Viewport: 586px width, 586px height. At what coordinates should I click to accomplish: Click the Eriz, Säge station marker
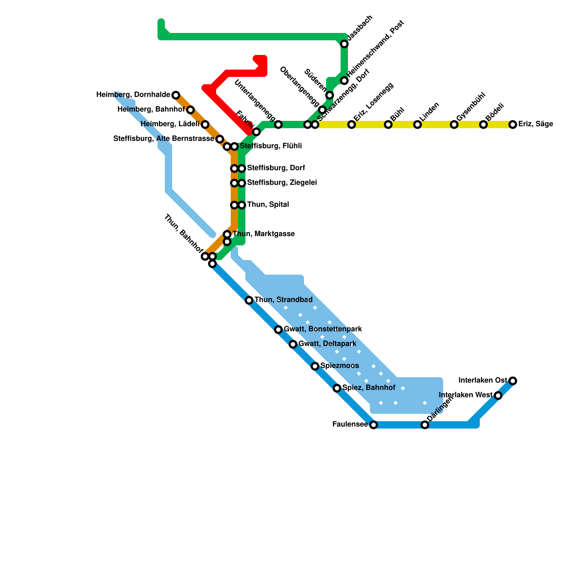[513, 125]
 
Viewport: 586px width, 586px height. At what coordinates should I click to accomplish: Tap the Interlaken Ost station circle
[513, 381]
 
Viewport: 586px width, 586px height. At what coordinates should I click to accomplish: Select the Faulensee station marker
[373, 425]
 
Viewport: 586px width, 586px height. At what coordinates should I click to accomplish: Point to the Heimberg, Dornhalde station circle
[176, 95]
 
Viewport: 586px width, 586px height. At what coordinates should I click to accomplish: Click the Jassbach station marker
[344, 44]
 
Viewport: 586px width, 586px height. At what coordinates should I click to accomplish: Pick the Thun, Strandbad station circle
[249, 300]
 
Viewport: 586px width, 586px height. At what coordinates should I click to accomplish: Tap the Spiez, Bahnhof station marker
[337, 388]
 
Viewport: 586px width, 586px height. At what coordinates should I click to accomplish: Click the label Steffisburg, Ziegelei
[282, 183]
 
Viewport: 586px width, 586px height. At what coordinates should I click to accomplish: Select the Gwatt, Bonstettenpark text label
[323, 329]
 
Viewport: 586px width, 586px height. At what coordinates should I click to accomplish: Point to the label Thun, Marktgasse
[264, 234]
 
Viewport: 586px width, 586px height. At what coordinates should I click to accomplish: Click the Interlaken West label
[466, 395]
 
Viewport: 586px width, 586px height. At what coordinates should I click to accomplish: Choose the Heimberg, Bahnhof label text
[151, 110]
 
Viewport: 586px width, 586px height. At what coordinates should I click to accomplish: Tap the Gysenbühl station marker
[454, 125]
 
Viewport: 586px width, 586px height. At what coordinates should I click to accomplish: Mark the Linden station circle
[418, 125]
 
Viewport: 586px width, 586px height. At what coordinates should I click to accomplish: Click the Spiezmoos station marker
[315, 366]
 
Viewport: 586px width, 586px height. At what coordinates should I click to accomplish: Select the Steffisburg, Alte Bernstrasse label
[163, 139]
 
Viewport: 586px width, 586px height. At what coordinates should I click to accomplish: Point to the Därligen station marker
[424, 425]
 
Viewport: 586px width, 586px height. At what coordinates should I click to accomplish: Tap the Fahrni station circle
[256, 132]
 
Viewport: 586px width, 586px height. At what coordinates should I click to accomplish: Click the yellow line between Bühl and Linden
[403, 125]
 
